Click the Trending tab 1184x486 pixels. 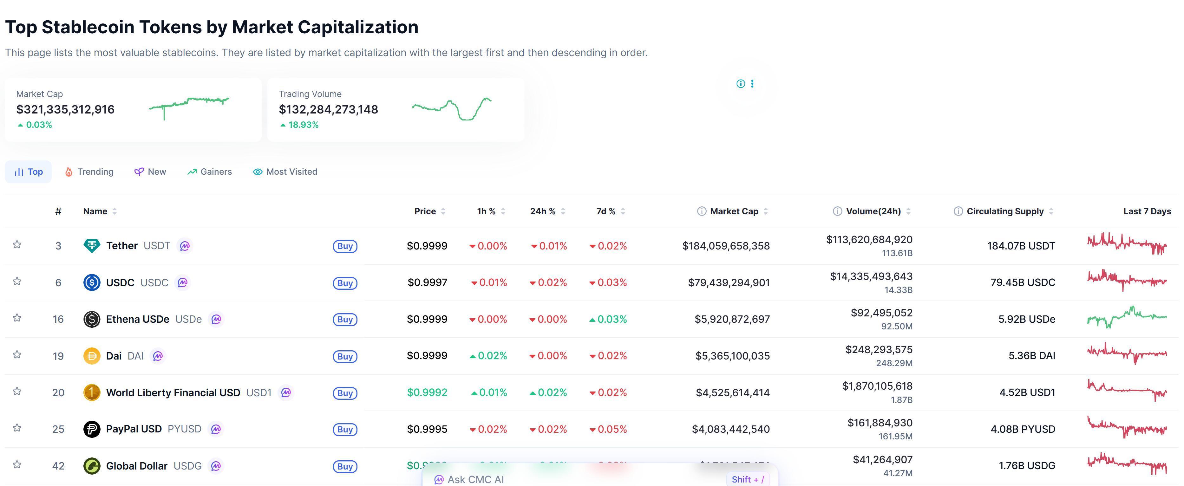coord(89,172)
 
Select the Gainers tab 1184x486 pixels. coord(210,172)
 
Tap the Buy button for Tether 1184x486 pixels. coord(345,246)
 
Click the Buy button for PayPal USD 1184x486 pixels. coord(345,430)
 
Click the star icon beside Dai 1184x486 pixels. coord(17,355)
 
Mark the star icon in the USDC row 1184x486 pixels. coord(17,281)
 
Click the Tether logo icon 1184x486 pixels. coord(91,246)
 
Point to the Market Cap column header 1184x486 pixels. coord(734,211)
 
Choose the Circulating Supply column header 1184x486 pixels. coord(1005,211)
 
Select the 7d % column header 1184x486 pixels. coord(605,211)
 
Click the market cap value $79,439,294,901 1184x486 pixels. coord(729,282)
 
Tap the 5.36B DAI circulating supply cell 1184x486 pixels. coord(1031,355)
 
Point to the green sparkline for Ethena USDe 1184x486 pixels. coord(1127,317)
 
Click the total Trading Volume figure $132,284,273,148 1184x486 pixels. coord(328,109)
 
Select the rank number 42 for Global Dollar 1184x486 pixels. coord(58,466)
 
